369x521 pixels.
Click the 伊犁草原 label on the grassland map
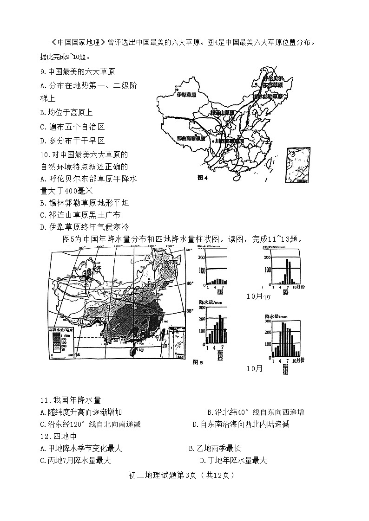coord(186,95)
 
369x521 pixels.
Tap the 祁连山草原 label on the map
coord(222,113)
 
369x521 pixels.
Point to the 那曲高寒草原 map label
coord(191,138)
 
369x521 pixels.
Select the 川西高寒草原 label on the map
coord(230,141)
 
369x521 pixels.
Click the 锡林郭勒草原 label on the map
coord(268,96)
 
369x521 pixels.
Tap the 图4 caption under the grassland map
coord(202,177)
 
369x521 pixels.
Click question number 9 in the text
coord(43,72)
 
